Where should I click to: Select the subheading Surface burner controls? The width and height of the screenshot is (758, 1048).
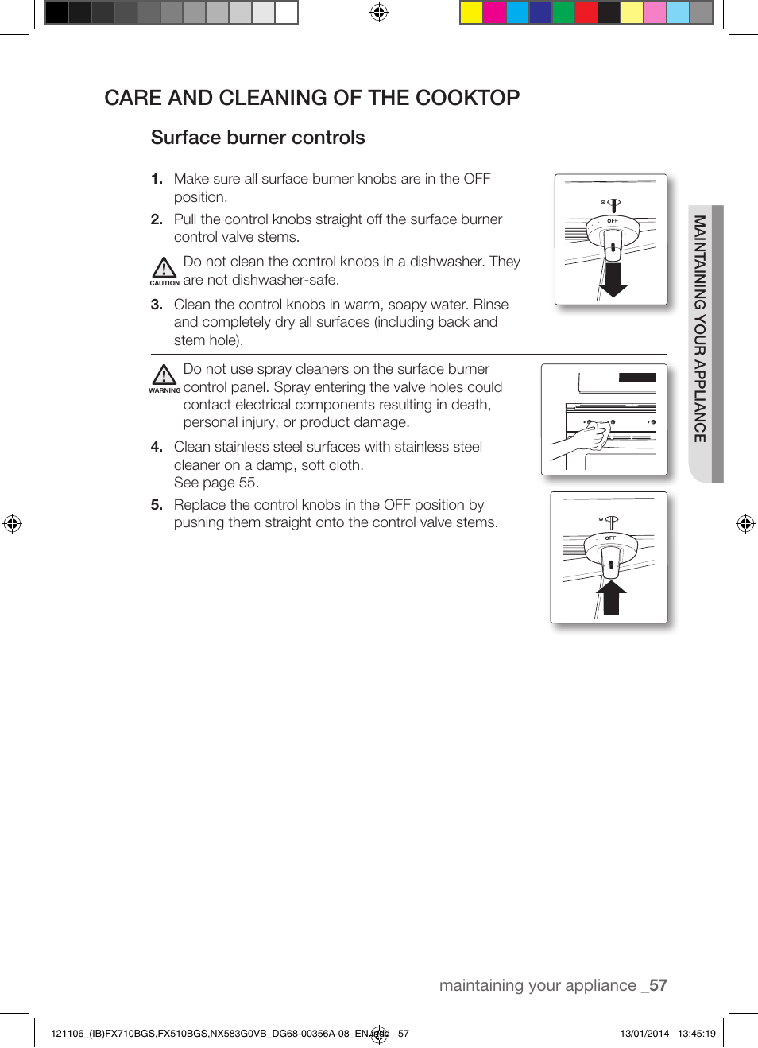[x=257, y=138]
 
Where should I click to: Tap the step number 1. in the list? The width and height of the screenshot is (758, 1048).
[x=157, y=179]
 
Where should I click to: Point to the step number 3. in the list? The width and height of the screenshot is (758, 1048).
[x=157, y=305]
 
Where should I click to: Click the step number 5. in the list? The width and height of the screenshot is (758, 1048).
[x=157, y=505]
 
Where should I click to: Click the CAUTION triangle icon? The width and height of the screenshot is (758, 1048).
[x=164, y=267]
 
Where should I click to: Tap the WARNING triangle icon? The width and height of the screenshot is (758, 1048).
[x=164, y=375]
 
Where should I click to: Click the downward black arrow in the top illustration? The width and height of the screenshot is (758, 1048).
[x=613, y=281]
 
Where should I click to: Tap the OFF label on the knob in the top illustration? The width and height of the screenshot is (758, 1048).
[x=613, y=221]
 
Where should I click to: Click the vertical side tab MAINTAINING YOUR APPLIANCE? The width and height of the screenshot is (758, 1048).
[x=700, y=329]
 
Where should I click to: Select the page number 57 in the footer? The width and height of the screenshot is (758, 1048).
[x=658, y=985]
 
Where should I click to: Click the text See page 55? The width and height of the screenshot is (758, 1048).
[x=216, y=483]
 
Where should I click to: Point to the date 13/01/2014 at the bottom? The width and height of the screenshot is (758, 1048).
[x=644, y=1034]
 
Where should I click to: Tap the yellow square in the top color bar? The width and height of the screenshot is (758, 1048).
[x=471, y=13]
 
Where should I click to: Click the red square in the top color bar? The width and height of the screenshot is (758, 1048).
[x=586, y=13]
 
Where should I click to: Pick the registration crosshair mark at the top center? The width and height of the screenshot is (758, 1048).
[x=379, y=12]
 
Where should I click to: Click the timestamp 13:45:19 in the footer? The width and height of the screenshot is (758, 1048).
[x=696, y=1034]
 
